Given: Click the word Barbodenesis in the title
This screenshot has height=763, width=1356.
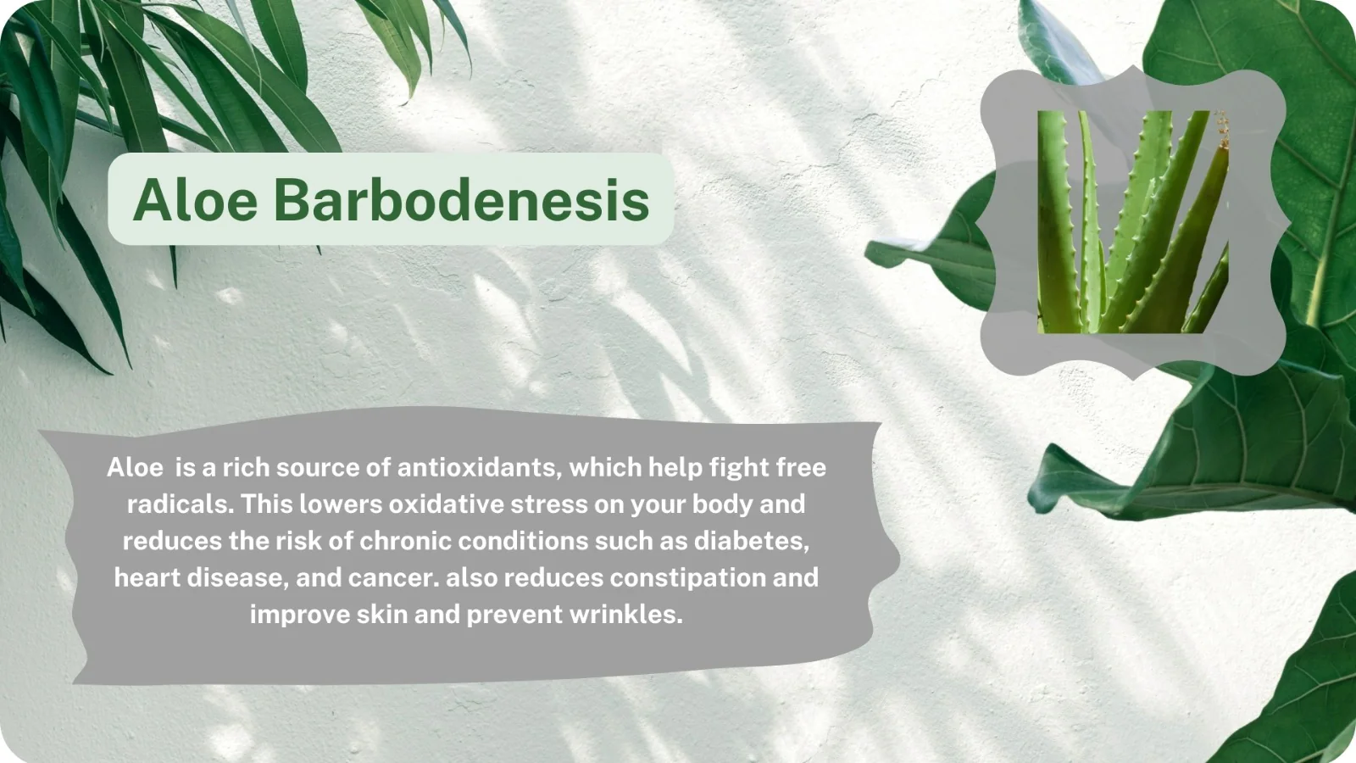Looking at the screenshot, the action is (461, 200).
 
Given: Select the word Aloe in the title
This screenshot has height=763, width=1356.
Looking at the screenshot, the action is (196, 200).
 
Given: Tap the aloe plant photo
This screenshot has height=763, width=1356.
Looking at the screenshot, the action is (1132, 221).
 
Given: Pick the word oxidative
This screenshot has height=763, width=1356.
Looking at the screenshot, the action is (447, 504).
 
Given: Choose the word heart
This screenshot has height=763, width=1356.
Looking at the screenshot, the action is (147, 577).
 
